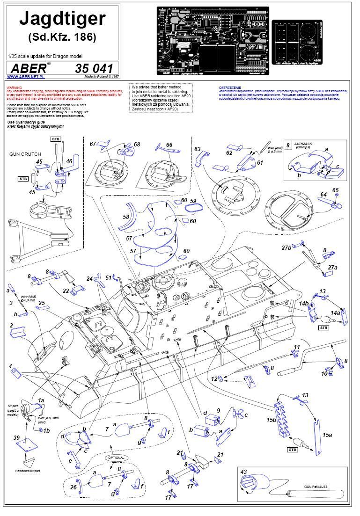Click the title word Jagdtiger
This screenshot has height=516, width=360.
(x=62, y=19)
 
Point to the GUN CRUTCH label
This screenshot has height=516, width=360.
(x=25, y=153)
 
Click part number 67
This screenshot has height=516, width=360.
(x=93, y=144)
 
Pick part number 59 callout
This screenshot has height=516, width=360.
(x=193, y=201)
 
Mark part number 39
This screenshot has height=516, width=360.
(x=16, y=437)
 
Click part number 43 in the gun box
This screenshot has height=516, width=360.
(x=243, y=471)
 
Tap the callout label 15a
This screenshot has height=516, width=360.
(x=327, y=435)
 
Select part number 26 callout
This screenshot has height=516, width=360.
(x=73, y=487)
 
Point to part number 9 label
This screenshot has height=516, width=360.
(x=218, y=410)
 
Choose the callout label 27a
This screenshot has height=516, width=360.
(x=332, y=267)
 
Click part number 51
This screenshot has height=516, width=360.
(x=109, y=277)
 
